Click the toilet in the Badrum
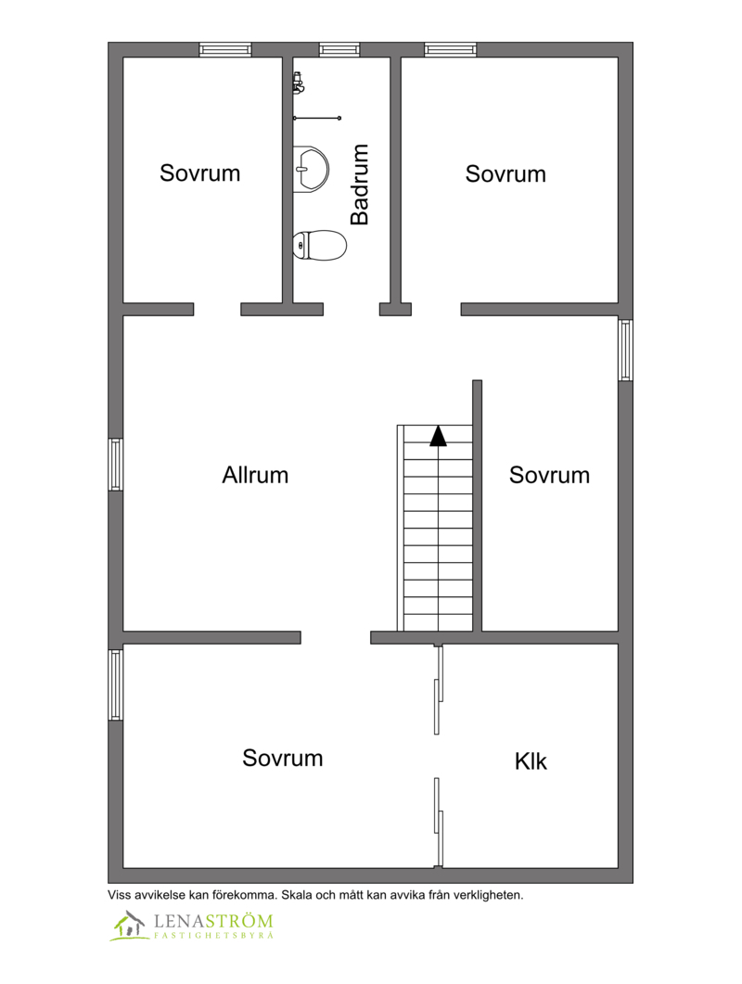tap(320, 245)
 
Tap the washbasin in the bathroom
tap(311, 168)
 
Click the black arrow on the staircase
tap(438, 436)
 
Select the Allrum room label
tap(255, 475)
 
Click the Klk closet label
tap(531, 761)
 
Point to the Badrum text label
tap(360, 185)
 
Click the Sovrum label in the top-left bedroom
tap(199, 173)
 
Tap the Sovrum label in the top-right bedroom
tap(505, 173)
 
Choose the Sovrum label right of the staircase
tap(549, 475)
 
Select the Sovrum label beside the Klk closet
tap(283, 758)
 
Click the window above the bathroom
tap(339, 49)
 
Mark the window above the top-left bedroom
tap(225, 49)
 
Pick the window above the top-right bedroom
tap(450, 49)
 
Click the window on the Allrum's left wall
tap(116, 465)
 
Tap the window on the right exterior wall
tap(625, 351)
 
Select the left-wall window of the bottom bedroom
tap(116, 684)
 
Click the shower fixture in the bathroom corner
tap(299, 83)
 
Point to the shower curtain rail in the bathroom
tap(317, 118)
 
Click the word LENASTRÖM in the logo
tap(213, 921)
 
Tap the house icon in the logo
tap(128, 925)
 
